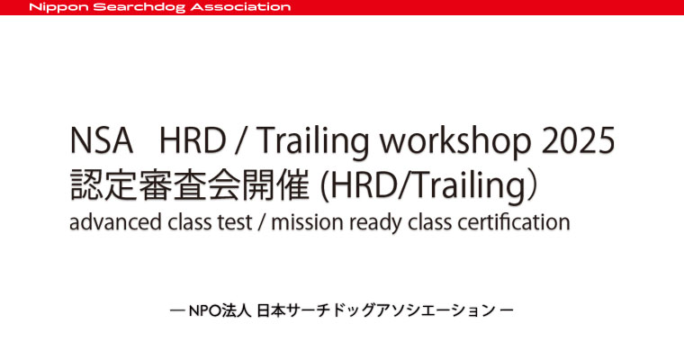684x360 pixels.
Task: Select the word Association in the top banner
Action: click(241, 7)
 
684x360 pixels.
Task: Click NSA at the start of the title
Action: click(101, 140)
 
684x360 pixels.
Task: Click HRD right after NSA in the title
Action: click(193, 140)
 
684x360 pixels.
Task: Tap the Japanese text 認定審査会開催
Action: click(190, 184)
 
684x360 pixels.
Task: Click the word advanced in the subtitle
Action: click(114, 221)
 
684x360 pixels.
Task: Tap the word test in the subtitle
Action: click(236, 222)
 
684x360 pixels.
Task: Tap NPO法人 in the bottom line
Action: click(220, 310)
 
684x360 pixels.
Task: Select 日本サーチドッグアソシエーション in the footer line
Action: click(375, 310)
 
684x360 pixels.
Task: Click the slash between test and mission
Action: click(262, 222)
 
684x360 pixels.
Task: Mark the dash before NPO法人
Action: click(177, 310)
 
